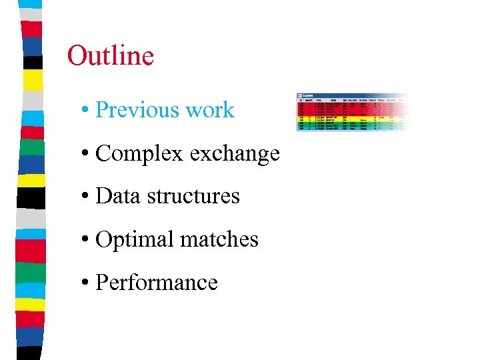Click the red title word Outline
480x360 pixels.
pyautogui.click(x=111, y=56)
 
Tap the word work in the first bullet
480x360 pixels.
pyautogui.click(x=210, y=110)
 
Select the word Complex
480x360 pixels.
pyautogui.click(x=139, y=154)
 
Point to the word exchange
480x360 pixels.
pyautogui.click(x=234, y=154)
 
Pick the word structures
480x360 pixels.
pyautogui.click(x=193, y=197)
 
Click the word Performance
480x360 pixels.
pyautogui.click(x=157, y=283)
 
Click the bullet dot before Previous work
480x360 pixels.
pyautogui.click(x=87, y=111)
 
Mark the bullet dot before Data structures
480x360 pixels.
pyautogui.click(x=87, y=197)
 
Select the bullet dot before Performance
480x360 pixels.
pyautogui.click(x=87, y=283)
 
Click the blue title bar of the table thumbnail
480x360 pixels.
pyautogui.click(x=347, y=96)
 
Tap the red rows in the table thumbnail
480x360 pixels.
pyautogui.click(x=347, y=107)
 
